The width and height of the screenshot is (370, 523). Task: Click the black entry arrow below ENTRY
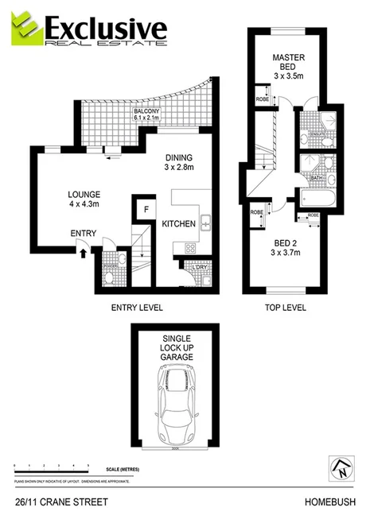tap(82, 253)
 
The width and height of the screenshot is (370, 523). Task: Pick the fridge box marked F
tap(146, 210)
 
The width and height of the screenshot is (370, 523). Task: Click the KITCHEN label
tap(179, 225)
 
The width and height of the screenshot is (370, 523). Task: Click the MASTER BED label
tap(286, 64)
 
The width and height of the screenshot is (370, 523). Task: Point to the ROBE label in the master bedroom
tap(261, 100)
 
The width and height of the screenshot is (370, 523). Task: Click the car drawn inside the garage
tap(177, 408)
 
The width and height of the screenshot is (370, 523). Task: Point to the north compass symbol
tap(341, 467)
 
